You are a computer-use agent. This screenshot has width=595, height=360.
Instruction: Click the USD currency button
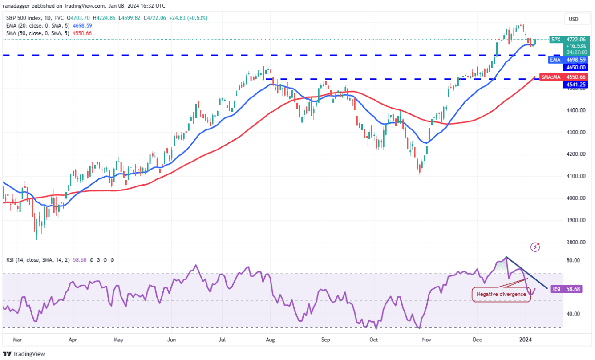pos(574,20)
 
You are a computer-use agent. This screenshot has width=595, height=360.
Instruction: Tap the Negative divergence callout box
pos(501,294)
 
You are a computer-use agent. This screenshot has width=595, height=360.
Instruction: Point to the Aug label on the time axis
pos(271,339)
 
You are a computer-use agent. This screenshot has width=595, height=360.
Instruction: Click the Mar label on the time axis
pos(17,339)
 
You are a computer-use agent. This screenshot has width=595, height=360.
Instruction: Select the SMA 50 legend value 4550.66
pos(81,33)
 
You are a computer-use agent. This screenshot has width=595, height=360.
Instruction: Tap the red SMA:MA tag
pos(550,77)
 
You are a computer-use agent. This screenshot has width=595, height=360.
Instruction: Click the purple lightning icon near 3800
pos(536,247)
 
